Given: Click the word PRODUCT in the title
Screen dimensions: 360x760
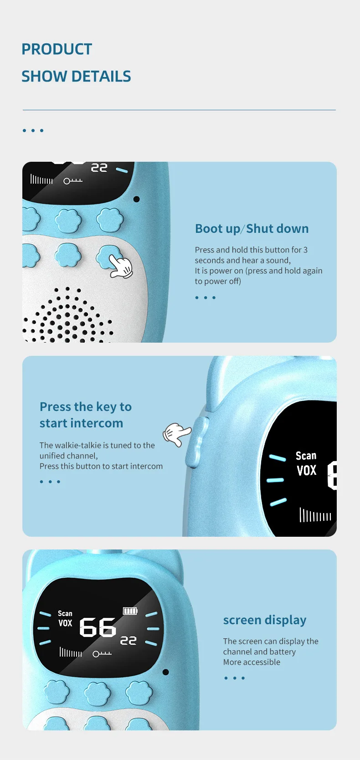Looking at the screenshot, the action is (57, 49).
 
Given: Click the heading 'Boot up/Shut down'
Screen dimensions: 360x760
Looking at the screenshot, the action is (252, 229).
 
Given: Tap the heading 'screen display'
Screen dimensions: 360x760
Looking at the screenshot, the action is (265, 620).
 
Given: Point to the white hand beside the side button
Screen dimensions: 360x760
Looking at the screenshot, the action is (177, 434).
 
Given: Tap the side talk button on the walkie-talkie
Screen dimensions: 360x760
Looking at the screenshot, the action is (196, 442).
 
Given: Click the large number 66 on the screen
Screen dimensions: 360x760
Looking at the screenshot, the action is (98, 627).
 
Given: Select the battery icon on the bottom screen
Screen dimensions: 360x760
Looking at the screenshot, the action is (130, 611).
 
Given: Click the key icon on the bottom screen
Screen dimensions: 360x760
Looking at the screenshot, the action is (102, 653).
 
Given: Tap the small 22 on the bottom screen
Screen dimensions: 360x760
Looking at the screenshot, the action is (128, 640).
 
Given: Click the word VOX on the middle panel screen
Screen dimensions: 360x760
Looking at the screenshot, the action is (306, 471).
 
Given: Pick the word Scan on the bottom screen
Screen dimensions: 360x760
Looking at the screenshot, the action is (65, 613).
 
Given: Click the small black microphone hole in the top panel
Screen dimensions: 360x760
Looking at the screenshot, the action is (136, 199).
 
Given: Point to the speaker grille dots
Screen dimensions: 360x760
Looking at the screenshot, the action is (67, 314).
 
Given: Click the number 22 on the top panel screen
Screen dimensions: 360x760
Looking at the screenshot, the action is (99, 168).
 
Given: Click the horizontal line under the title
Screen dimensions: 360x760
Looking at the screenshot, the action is (179, 110).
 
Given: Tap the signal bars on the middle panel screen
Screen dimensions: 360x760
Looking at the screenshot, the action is (315, 515).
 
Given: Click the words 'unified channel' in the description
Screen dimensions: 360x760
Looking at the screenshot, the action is (68, 456).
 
